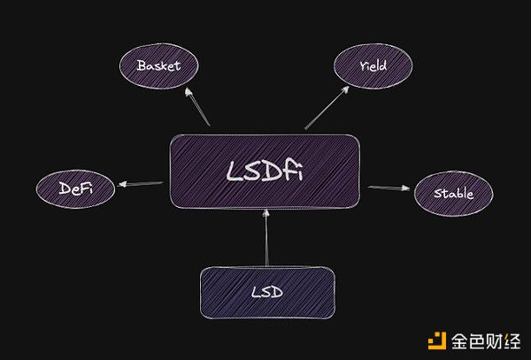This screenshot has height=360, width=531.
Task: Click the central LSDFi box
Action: [x=265, y=172]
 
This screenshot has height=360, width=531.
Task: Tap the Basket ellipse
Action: [x=158, y=65]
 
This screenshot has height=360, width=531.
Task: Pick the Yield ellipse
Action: [x=373, y=65]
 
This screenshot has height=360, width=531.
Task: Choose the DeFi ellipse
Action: [x=75, y=188]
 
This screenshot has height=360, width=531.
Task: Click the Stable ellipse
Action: [x=454, y=193]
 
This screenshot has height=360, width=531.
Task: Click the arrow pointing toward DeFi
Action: [x=141, y=185]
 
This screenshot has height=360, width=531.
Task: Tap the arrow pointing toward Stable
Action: [x=389, y=188]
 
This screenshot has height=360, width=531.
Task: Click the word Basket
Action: [x=158, y=65]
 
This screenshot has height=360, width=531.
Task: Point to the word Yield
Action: [x=373, y=65]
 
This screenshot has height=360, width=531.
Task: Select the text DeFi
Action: [x=75, y=188]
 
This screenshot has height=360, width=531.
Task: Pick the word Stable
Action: [x=454, y=193]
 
